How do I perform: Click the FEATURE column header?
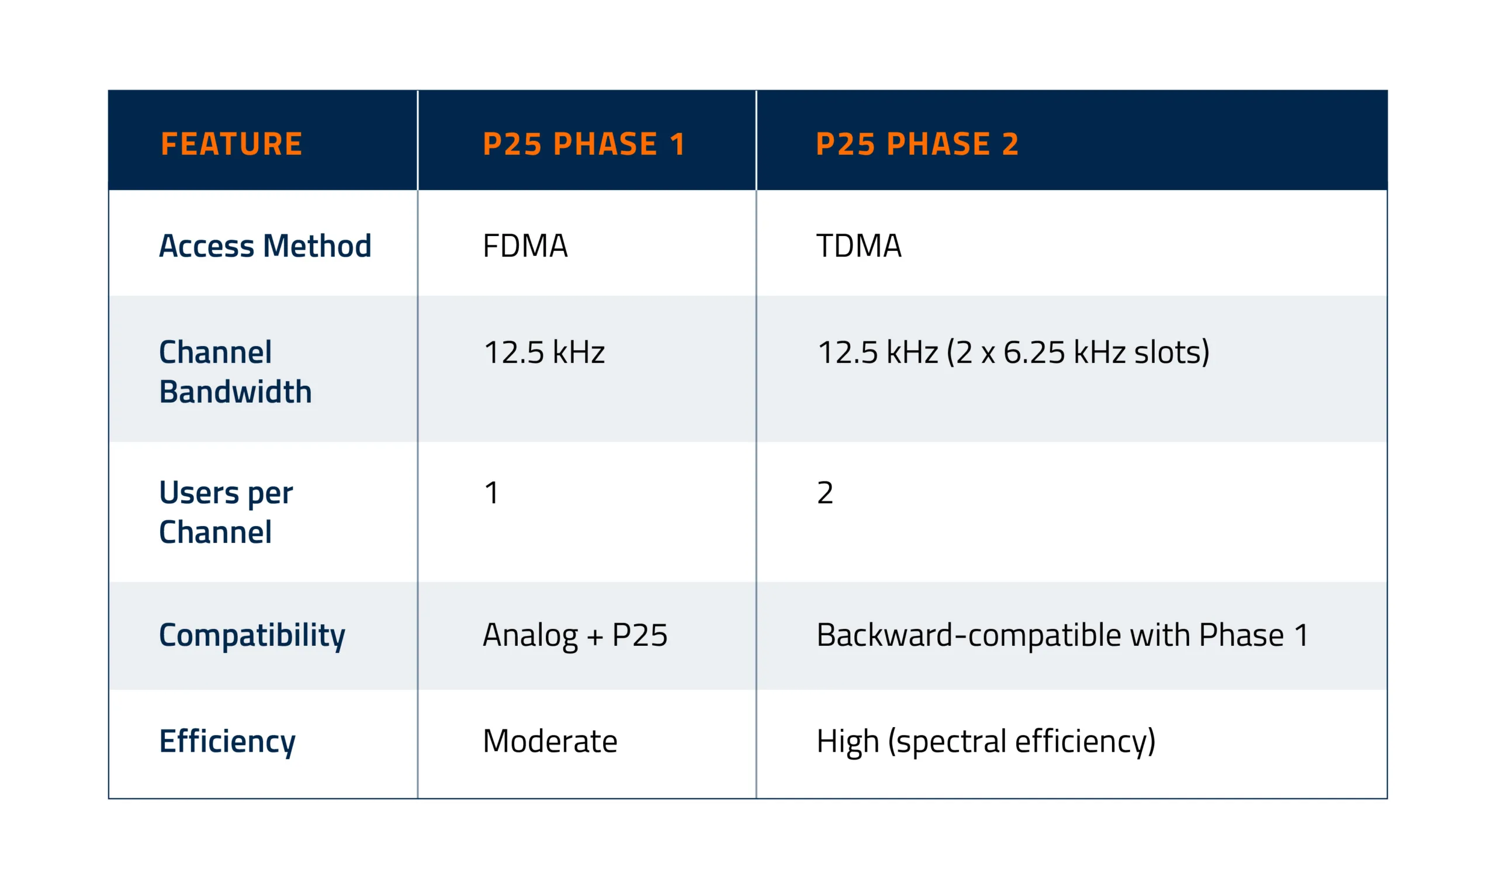point(231,144)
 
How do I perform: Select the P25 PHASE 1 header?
point(584,144)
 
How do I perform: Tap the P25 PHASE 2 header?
point(917,144)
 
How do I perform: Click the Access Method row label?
point(265,245)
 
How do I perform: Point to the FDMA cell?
point(525,245)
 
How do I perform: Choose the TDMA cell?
point(859,245)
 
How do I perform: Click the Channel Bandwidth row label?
point(236,371)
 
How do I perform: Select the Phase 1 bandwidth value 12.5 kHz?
point(545,352)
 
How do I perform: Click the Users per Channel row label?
point(226,512)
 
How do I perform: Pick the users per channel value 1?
point(491,493)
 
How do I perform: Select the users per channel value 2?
point(825,493)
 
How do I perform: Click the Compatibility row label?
point(252,635)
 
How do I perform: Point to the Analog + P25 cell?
point(575,635)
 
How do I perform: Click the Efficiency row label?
point(227,742)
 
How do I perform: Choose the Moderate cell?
point(550,742)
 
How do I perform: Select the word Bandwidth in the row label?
point(236,392)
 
